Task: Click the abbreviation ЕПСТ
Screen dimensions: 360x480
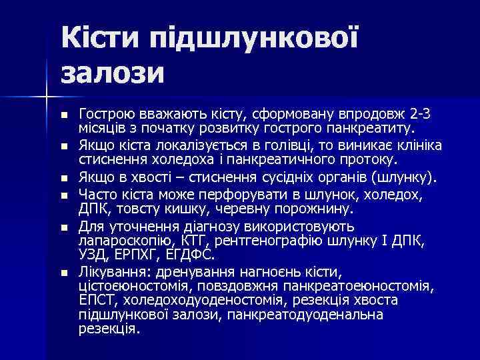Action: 95,301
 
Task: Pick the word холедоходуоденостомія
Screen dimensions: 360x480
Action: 191,301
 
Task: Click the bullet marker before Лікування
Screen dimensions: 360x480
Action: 63,273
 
